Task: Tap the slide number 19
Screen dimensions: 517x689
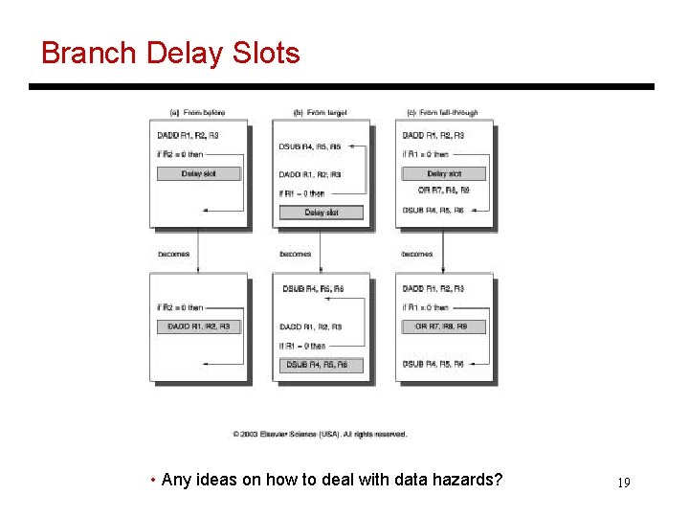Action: pyautogui.click(x=623, y=482)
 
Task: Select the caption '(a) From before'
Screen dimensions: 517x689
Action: pyautogui.click(x=198, y=113)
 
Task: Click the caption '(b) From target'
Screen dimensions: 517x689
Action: pyautogui.click(x=320, y=113)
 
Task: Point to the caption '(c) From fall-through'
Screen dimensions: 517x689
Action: pyautogui.click(x=443, y=113)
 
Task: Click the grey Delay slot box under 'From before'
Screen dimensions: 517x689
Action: pyautogui.click(x=198, y=173)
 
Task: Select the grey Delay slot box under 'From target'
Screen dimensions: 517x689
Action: pyautogui.click(x=321, y=212)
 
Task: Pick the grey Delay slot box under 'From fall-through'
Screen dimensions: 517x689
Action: pyautogui.click(x=443, y=173)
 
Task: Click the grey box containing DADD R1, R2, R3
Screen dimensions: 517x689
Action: pyautogui.click(x=198, y=326)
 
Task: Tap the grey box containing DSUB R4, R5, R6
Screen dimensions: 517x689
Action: pyautogui.click(x=321, y=365)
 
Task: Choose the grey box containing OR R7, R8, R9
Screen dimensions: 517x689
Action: pyautogui.click(x=443, y=326)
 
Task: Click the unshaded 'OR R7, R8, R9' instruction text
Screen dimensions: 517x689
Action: pyautogui.click(x=443, y=191)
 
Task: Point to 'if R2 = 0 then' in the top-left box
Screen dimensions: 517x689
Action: pyautogui.click(x=182, y=154)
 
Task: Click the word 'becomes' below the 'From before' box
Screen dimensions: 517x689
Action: pyautogui.click(x=173, y=254)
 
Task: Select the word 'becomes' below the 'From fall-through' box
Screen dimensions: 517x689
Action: pyautogui.click(x=417, y=254)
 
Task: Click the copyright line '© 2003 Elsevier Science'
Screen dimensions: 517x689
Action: pyautogui.click(x=320, y=434)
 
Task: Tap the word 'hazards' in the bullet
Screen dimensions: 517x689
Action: pyautogui.click(x=467, y=480)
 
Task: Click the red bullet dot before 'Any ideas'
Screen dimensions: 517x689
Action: pyautogui.click(x=154, y=480)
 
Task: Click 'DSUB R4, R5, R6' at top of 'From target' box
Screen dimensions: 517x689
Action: pyautogui.click(x=308, y=146)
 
